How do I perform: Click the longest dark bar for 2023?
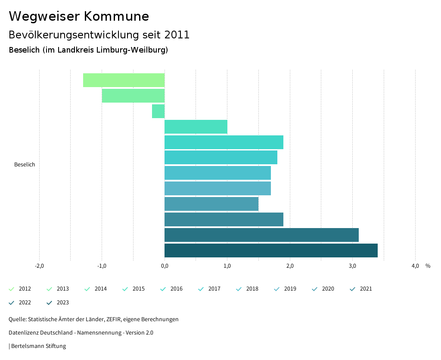click(271, 250)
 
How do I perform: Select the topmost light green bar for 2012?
click(124, 80)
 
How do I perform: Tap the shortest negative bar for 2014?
click(158, 111)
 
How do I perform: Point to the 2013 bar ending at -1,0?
click(133, 96)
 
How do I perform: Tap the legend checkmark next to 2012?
click(12, 289)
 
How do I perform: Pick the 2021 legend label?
click(366, 289)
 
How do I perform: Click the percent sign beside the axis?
click(428, 266)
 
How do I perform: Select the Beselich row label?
click(25, 165)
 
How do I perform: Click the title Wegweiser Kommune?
click(79, 16)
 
